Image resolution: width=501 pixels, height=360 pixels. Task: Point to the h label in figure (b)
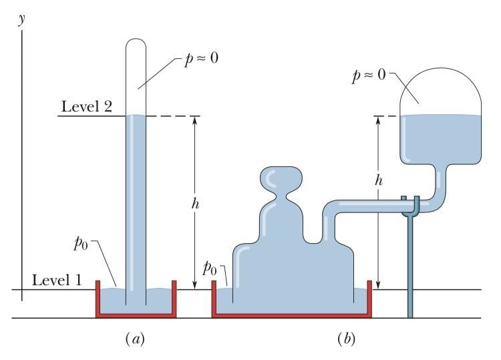tap(379, 181)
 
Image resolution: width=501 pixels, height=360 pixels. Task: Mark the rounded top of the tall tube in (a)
tap(136, 47)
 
